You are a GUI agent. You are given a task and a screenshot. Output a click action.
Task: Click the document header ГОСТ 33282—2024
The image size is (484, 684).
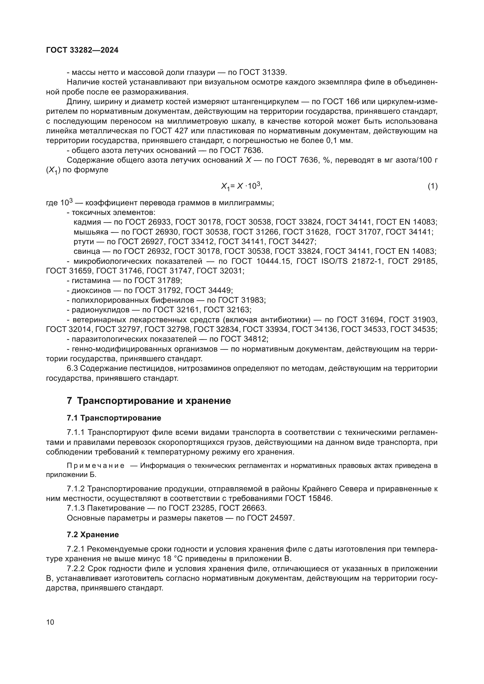[82, 50]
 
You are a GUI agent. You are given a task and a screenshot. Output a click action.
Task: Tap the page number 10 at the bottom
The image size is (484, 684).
[50, 622]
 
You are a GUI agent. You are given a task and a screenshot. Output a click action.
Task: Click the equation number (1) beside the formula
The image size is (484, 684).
[432, 187]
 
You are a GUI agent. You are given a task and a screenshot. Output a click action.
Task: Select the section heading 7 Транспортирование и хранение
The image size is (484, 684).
[149, 401]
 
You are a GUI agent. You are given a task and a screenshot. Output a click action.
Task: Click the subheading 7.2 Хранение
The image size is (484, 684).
[93, 535]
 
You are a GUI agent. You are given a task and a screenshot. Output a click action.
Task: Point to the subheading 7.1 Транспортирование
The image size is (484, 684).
[114, 418]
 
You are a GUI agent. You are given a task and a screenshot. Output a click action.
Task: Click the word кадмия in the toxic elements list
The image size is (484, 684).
[87, 222]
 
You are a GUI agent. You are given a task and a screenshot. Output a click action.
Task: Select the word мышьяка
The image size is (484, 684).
[91, 232]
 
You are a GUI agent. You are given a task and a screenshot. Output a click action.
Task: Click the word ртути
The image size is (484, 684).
[83, 242]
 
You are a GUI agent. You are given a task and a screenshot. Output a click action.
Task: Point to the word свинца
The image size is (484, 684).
[87, 251]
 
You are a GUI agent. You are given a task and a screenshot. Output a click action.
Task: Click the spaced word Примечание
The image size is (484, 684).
[96, 466]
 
